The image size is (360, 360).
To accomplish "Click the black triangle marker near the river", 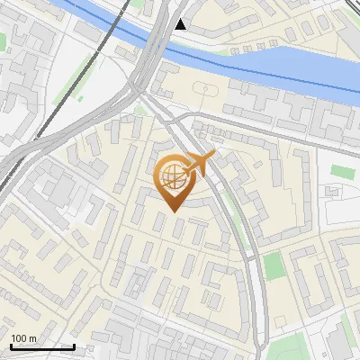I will [x=181, y=24].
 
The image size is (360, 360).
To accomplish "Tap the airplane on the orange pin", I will [x=200, y=163].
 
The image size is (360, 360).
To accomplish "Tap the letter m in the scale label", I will [x=33, y=338].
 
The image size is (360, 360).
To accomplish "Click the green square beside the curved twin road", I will [x=274, y=265].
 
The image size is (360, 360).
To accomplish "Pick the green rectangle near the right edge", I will [x=343, y=171].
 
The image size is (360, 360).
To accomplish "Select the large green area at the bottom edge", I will [x=297, y=346].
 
